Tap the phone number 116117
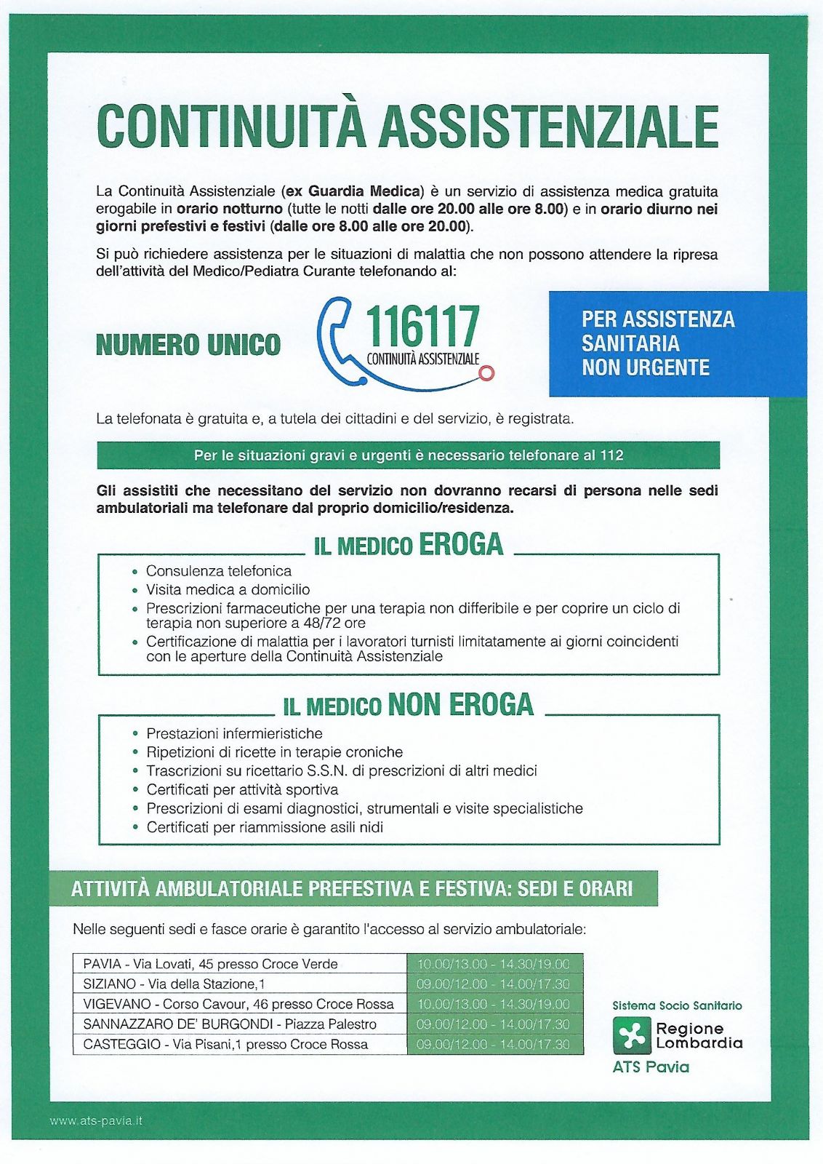(422, 327)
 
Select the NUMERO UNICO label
(188, 344)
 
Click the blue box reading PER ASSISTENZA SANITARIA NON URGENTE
(677, 343)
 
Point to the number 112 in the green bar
(611, 455)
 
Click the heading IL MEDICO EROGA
(408, 545)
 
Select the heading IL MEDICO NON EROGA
(408, 705)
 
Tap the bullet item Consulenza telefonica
(218, 571)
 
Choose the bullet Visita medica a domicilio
(228, 589)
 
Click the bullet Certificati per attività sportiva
(242, 789)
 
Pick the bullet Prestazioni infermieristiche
(234, 733)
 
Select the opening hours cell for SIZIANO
(494, 984)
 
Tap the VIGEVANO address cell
(239, 1004)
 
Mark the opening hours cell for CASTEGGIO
(494, 1044)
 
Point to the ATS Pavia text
(651, 1067)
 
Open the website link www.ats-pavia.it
(96, 1121)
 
